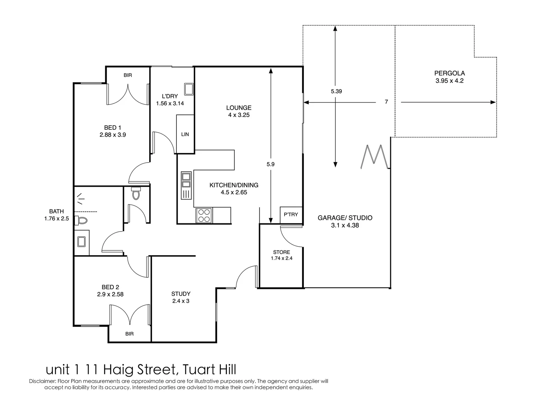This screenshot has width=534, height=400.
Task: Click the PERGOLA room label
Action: point(449,73)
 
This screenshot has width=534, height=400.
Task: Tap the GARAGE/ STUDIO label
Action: point(345,218)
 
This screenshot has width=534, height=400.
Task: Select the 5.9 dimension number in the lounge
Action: point(271,164)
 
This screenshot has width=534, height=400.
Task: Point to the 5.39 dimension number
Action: point(336,91)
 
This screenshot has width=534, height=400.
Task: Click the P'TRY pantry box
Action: point(291,214)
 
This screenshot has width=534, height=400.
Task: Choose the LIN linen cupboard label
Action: point(185,134)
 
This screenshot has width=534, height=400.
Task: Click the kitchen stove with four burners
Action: point(204,215)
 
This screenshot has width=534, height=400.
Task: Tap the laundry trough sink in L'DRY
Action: point(189,89)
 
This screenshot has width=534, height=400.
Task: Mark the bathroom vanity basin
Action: point(82,241)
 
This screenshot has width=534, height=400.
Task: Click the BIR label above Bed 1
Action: point(127,75)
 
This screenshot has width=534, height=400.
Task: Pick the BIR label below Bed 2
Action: point(129,334)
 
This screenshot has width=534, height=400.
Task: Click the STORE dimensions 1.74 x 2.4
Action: point(282,258)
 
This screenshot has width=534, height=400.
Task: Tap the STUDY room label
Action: point(181,294)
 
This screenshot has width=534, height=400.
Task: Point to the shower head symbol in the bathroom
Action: point(80,199)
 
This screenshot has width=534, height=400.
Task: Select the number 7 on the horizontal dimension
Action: point(386,102)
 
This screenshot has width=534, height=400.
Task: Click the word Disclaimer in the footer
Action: point(42,381)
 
